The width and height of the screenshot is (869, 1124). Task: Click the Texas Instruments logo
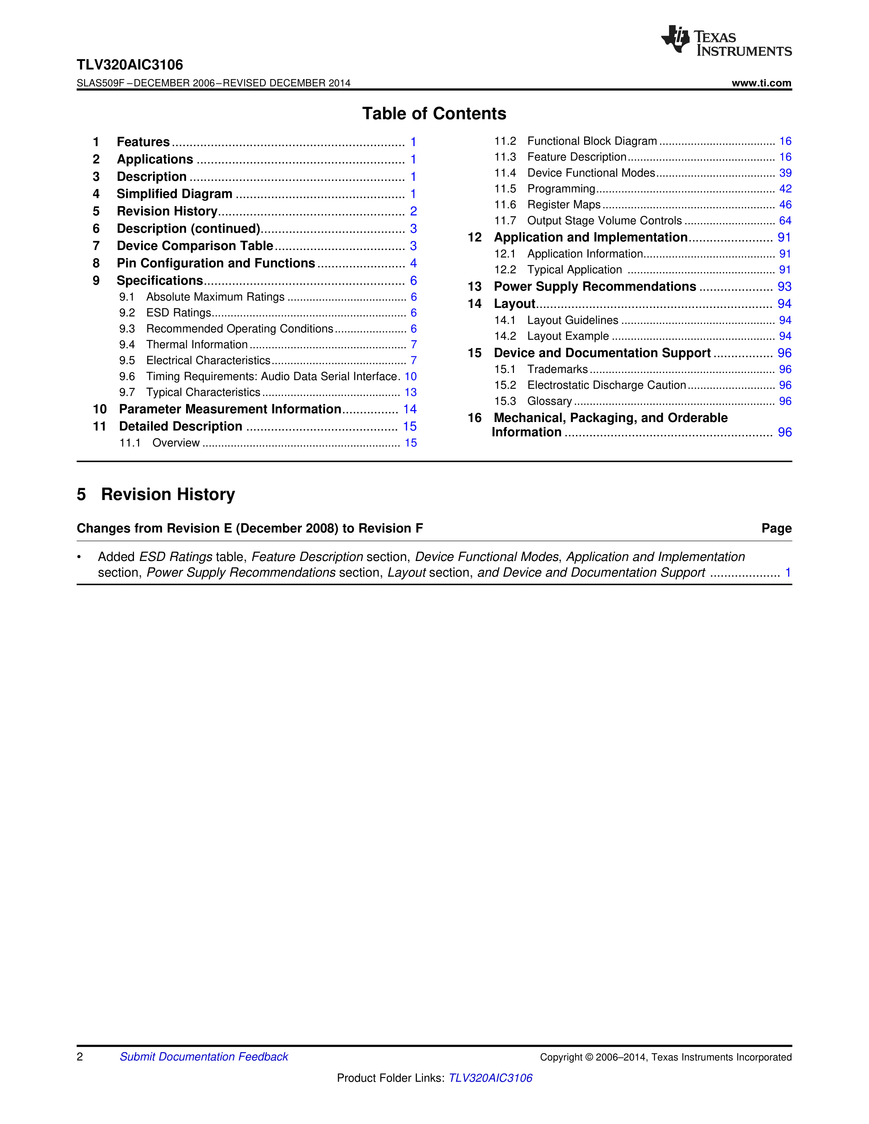click(726, 41)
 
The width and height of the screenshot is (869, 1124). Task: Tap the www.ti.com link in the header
click(761, 83)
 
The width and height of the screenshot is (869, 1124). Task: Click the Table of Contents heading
click(434, 114)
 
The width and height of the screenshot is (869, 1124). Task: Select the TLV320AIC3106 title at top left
click(130, 65)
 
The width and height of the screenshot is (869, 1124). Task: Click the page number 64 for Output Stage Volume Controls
click(784, 221)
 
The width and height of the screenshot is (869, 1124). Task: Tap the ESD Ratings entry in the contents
click(179, 313)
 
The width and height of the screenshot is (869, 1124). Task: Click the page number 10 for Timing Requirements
click(410, 377)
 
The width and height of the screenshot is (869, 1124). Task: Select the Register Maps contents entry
click(564, 205)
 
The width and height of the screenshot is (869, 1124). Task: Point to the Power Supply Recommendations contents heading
click(595, 287)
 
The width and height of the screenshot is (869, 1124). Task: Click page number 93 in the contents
click(784, 287)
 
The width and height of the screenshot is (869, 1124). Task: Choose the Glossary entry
click(549, 402)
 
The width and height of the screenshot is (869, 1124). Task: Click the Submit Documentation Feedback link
click(204, 1057)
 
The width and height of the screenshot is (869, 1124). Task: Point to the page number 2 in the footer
click(80, 1057)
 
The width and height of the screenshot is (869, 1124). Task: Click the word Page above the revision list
click(776, 529)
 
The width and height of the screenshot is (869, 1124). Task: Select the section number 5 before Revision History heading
click(81, 495)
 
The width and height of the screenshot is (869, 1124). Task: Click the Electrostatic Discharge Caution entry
click(607, 386)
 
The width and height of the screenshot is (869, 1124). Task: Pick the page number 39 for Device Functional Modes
click(784, 173)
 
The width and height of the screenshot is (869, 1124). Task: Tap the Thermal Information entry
click(197, 345)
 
